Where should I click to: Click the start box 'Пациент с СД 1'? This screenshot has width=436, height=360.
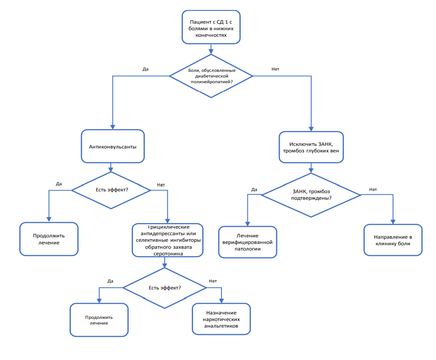211,27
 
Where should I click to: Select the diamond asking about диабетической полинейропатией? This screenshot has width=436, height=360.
211,76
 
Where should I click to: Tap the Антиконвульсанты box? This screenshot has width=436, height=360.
113,146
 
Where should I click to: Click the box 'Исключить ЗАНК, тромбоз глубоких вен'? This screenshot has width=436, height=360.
311,147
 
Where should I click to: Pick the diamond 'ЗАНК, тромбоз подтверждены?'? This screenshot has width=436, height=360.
311,195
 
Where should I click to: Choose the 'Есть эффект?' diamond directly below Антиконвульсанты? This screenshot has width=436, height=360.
111,191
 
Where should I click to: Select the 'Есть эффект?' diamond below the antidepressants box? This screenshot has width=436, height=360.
165,288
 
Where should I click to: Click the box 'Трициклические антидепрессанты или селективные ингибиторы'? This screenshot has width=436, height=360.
168,240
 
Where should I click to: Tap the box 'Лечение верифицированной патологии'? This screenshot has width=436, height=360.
247,242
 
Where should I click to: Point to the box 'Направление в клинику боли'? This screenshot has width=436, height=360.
393,240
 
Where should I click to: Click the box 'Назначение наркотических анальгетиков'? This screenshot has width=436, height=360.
222,319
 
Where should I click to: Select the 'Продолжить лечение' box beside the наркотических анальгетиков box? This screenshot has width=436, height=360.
99,320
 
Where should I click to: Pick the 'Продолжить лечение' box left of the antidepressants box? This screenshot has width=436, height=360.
49,239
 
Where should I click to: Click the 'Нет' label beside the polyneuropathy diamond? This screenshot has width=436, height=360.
275,69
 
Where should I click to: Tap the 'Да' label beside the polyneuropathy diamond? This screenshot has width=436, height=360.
145,69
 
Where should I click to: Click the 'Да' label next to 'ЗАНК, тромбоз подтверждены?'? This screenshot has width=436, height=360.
254,190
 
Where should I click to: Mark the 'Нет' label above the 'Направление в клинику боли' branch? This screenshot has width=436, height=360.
373,190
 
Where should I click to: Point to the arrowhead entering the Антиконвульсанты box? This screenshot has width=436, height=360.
113,127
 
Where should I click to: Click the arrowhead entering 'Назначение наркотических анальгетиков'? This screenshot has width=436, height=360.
222,301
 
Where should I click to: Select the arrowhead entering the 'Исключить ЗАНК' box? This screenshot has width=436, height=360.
311,129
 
